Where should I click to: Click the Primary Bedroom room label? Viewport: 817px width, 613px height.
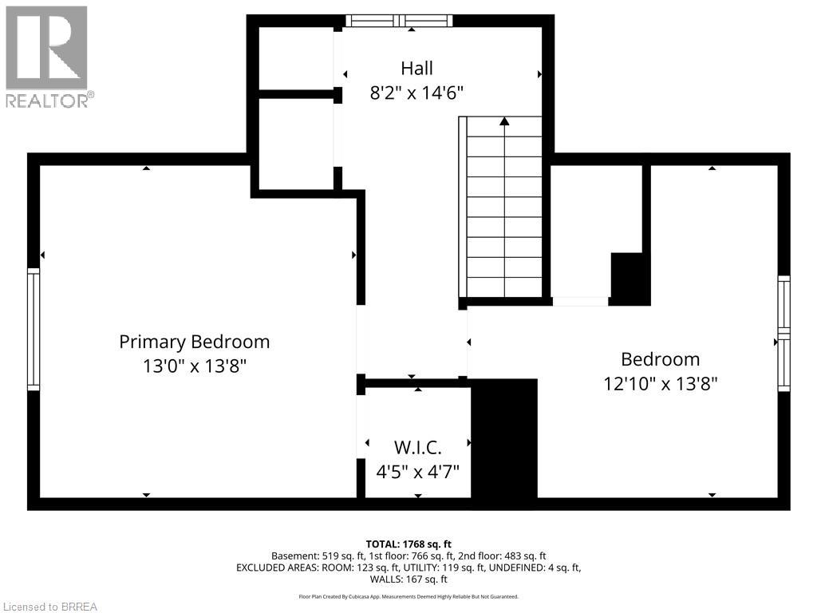pyautogui.click(x=194, y=342)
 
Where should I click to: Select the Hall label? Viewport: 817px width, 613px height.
pyautogui.click(x=416, y=69)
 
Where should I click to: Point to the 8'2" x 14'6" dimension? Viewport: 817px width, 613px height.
pyautogui.click(x=416, y=93)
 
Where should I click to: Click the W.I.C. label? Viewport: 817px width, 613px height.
pyautogui.click(x=417, y=446)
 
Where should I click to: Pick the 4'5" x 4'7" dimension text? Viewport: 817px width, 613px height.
pyautogui.click(x=417, y=470)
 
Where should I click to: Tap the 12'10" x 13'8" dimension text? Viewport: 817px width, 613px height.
pyautogui.click(x=661, y=383)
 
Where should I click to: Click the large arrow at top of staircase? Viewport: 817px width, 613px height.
pyautogui.click(x=504, y=122)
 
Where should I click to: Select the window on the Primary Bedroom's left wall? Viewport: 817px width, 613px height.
pyautogui.click(x=34, y=329)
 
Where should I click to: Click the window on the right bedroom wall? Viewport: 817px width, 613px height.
pyautogui.click(x=783, y=333)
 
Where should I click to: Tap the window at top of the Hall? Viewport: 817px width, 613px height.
pyautogui.click(x=399, y=21)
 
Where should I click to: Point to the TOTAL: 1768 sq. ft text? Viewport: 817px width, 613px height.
pyautogui.click(x=408, y=544)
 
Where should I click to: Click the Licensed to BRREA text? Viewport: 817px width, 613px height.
pyautogui.click(x=49, y=607)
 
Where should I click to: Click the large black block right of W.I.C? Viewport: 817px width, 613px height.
pyautogui.click(x=504, y=441)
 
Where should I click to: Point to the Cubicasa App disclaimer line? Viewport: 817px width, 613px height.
pyautogui.click(x=408, y=596)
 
